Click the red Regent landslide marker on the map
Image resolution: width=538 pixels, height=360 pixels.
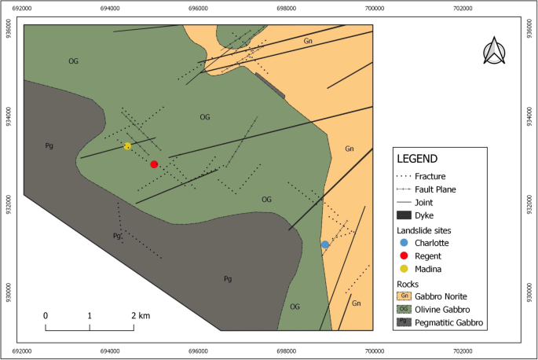click(x=154, y=164)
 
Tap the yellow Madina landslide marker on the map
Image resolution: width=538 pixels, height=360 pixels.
click(x=127, y=146)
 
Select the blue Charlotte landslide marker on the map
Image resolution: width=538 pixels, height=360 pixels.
click(x=325, y=244)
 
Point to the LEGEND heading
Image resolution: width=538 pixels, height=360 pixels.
click(x=423, y=158)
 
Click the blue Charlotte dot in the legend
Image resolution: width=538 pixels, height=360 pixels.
click(x=404, y=243)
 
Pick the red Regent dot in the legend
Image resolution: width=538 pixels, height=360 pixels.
click(x=404, y=256)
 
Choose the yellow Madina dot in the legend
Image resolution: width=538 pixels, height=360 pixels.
click(x=404, y=270)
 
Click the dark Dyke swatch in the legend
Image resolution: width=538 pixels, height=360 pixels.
click(x=404, y=215)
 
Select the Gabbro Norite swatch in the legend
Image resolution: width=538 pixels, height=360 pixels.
click(x=404, y=296)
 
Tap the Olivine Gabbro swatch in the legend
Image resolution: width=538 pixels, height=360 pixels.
click(x=404, y=309)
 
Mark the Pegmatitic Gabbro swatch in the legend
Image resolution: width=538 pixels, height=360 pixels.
click(x=404, y=322)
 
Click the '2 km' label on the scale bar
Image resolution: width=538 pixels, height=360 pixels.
click(x=140, y=315)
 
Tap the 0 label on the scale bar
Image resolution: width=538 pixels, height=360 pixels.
click(x=46, y=315)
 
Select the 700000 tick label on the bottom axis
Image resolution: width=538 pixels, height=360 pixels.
click(x=375, y=350)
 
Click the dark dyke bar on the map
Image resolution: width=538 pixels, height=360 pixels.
click(x=269, y=85)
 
